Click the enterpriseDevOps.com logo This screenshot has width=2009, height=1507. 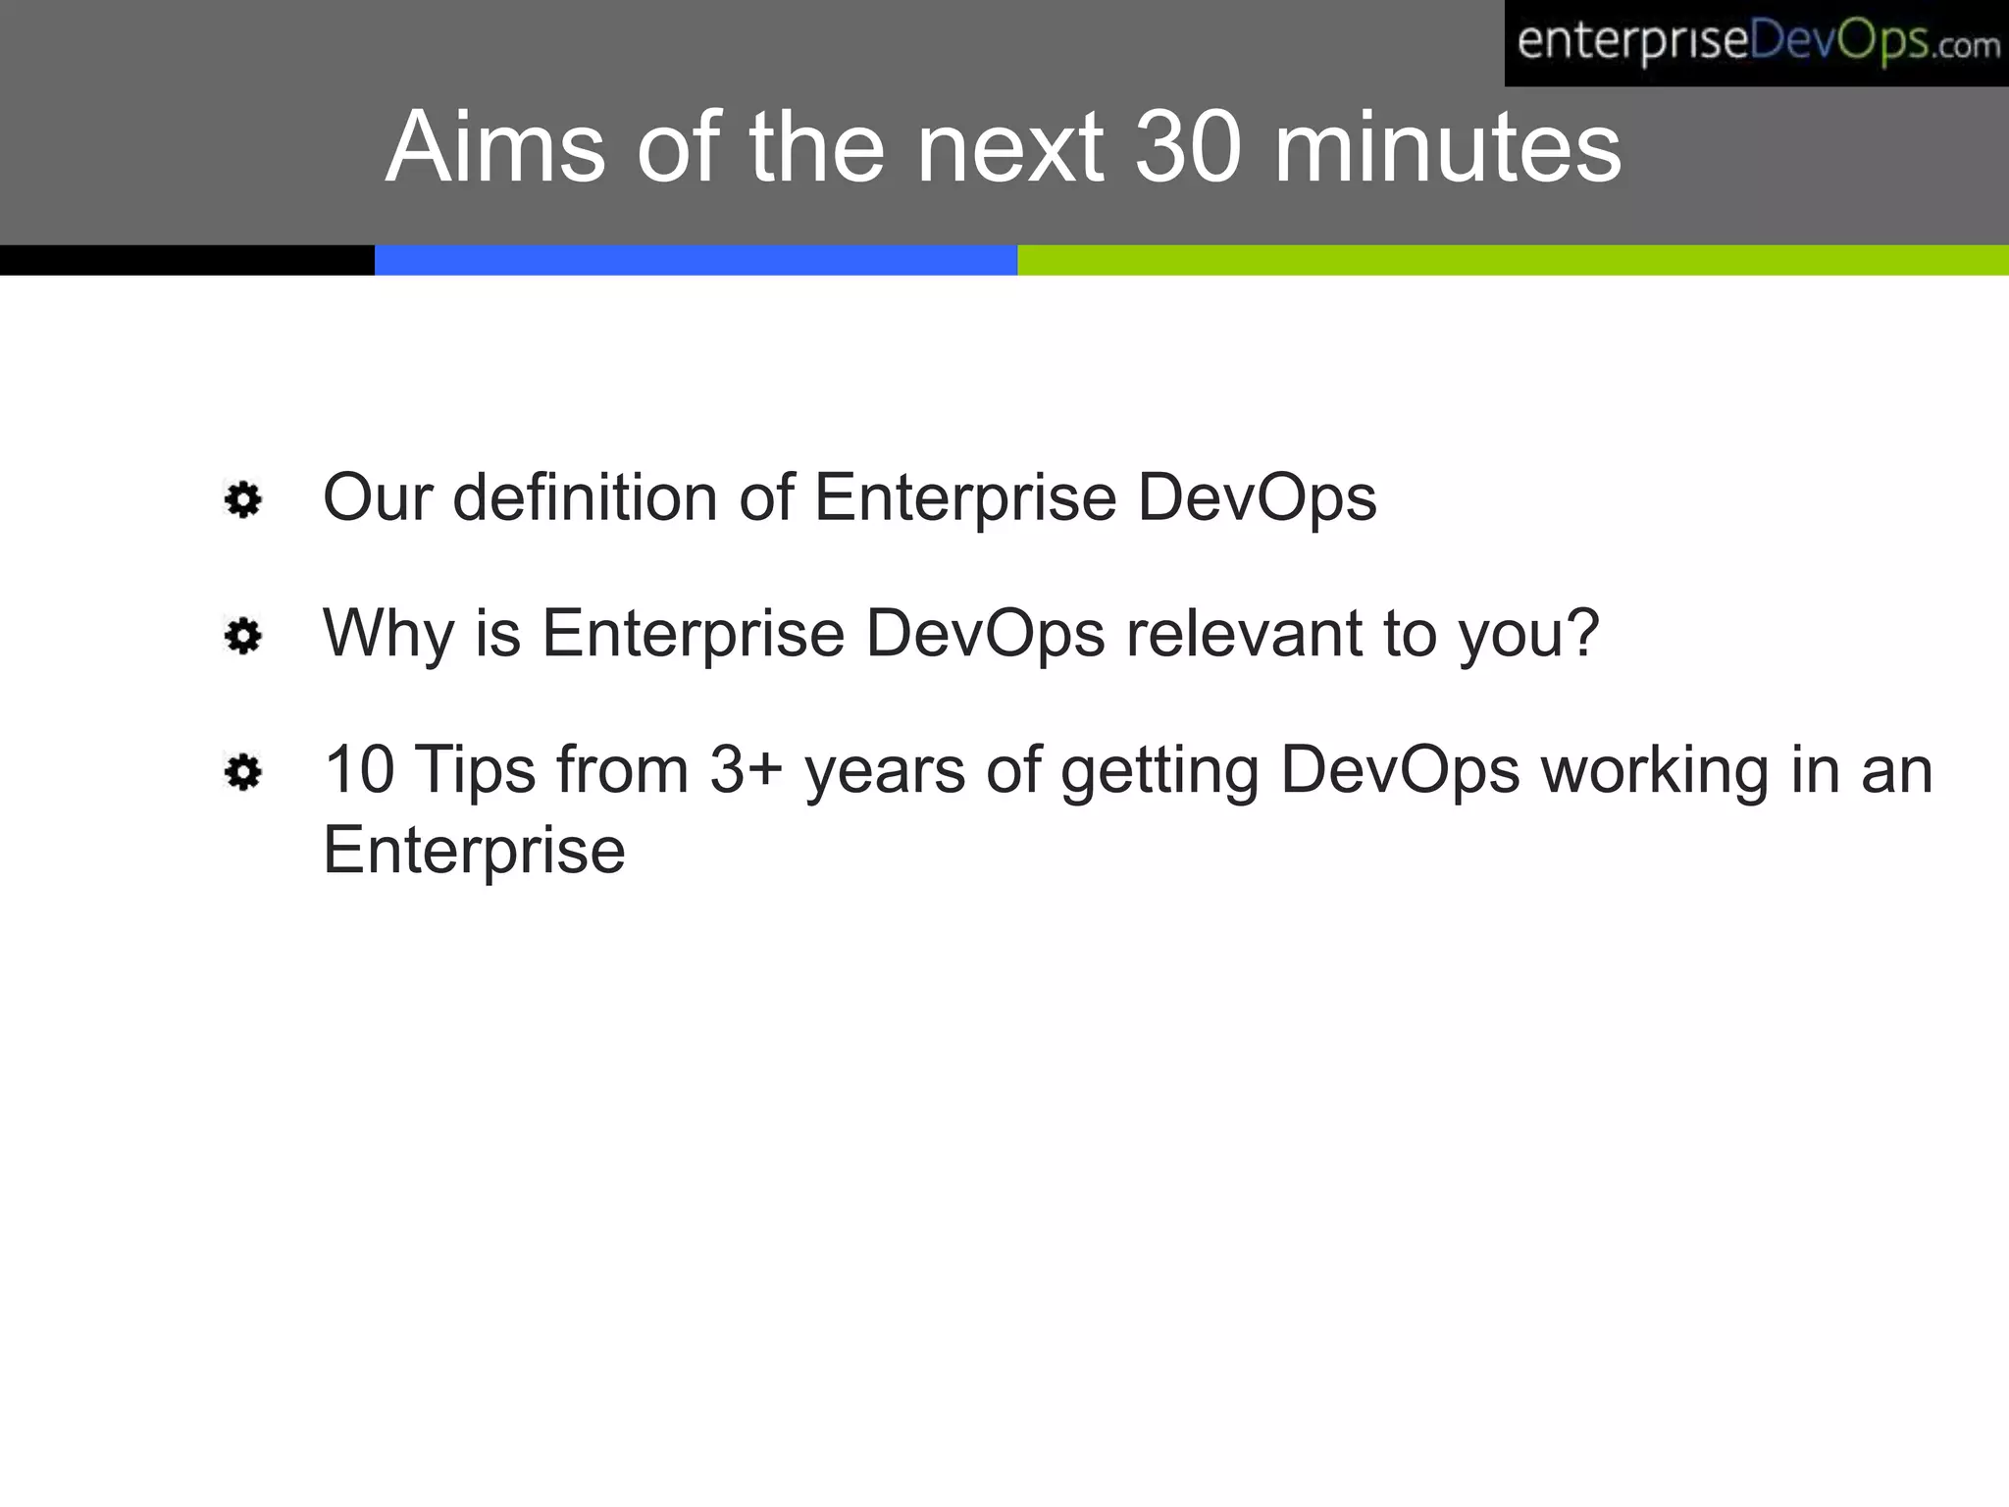(x=1756, y=43)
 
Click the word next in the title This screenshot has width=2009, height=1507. (x=1009, y=147)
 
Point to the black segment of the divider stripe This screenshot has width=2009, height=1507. (x=186, y=260)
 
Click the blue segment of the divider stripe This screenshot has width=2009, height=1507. (x=695, y=260)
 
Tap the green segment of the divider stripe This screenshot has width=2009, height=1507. (x=1512, y=260)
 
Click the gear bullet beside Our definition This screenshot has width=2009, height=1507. (x=243, y=500)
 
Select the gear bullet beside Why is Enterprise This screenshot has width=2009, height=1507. (x=243, y=637)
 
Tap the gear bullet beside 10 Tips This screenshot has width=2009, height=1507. (x=243, y=773)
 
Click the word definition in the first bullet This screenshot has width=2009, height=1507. (x=585, y=497)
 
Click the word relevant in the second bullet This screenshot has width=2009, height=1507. (x=1244, y=634)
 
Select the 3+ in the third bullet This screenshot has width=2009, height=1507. (x=746, y=770)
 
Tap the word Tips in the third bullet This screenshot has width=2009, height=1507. (x=475, y=770)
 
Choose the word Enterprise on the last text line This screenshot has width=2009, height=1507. (x=474, y=850)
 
